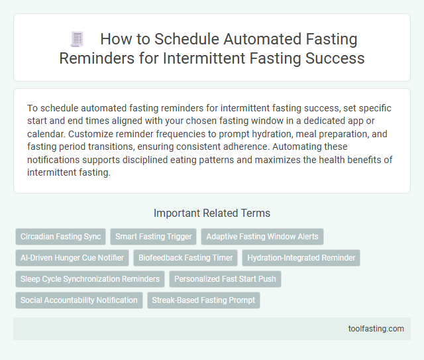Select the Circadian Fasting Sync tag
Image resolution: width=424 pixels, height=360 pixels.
61,237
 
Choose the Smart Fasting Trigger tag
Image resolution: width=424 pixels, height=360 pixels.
154,237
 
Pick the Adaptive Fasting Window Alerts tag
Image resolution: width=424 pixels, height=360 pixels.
262,237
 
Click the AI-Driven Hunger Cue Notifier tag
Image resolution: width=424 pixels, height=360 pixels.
72,258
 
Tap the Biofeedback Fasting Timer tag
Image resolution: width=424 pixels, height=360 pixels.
187,258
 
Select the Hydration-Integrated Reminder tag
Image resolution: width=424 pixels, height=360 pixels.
301,258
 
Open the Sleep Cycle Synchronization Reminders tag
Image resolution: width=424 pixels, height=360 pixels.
90,279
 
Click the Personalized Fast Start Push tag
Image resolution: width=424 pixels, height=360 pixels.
225,279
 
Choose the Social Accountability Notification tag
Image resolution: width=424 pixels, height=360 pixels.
79,300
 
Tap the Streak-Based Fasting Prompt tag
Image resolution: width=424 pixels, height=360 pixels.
203,300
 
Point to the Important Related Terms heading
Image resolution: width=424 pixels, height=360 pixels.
212,213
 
